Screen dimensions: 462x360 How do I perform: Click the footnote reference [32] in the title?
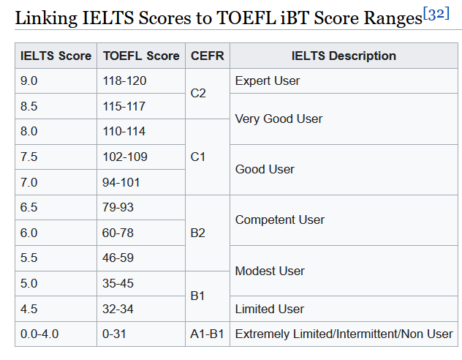(436, 14)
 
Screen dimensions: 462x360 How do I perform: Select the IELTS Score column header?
(56, 56)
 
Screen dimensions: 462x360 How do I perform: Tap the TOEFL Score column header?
(141, 56)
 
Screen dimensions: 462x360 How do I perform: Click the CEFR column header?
(208, 56)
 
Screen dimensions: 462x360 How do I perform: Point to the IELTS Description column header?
(344, 56)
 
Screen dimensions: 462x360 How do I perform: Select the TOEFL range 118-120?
(124, 80)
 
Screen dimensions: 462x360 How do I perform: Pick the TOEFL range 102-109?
(125, 157)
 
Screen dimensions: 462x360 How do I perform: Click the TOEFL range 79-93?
(118, 207)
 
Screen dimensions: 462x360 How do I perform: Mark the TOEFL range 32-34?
(118, 309)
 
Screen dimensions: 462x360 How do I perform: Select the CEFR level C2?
(198, 94)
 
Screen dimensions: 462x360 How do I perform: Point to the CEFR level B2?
(197, 233)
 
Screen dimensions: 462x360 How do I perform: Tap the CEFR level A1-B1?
(207, 334)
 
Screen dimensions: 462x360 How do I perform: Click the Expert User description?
(268, 80)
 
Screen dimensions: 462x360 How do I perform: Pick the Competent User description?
(280, 220)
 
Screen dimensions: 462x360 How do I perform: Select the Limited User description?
(270, 309)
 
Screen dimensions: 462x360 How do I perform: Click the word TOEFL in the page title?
(246, 18)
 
